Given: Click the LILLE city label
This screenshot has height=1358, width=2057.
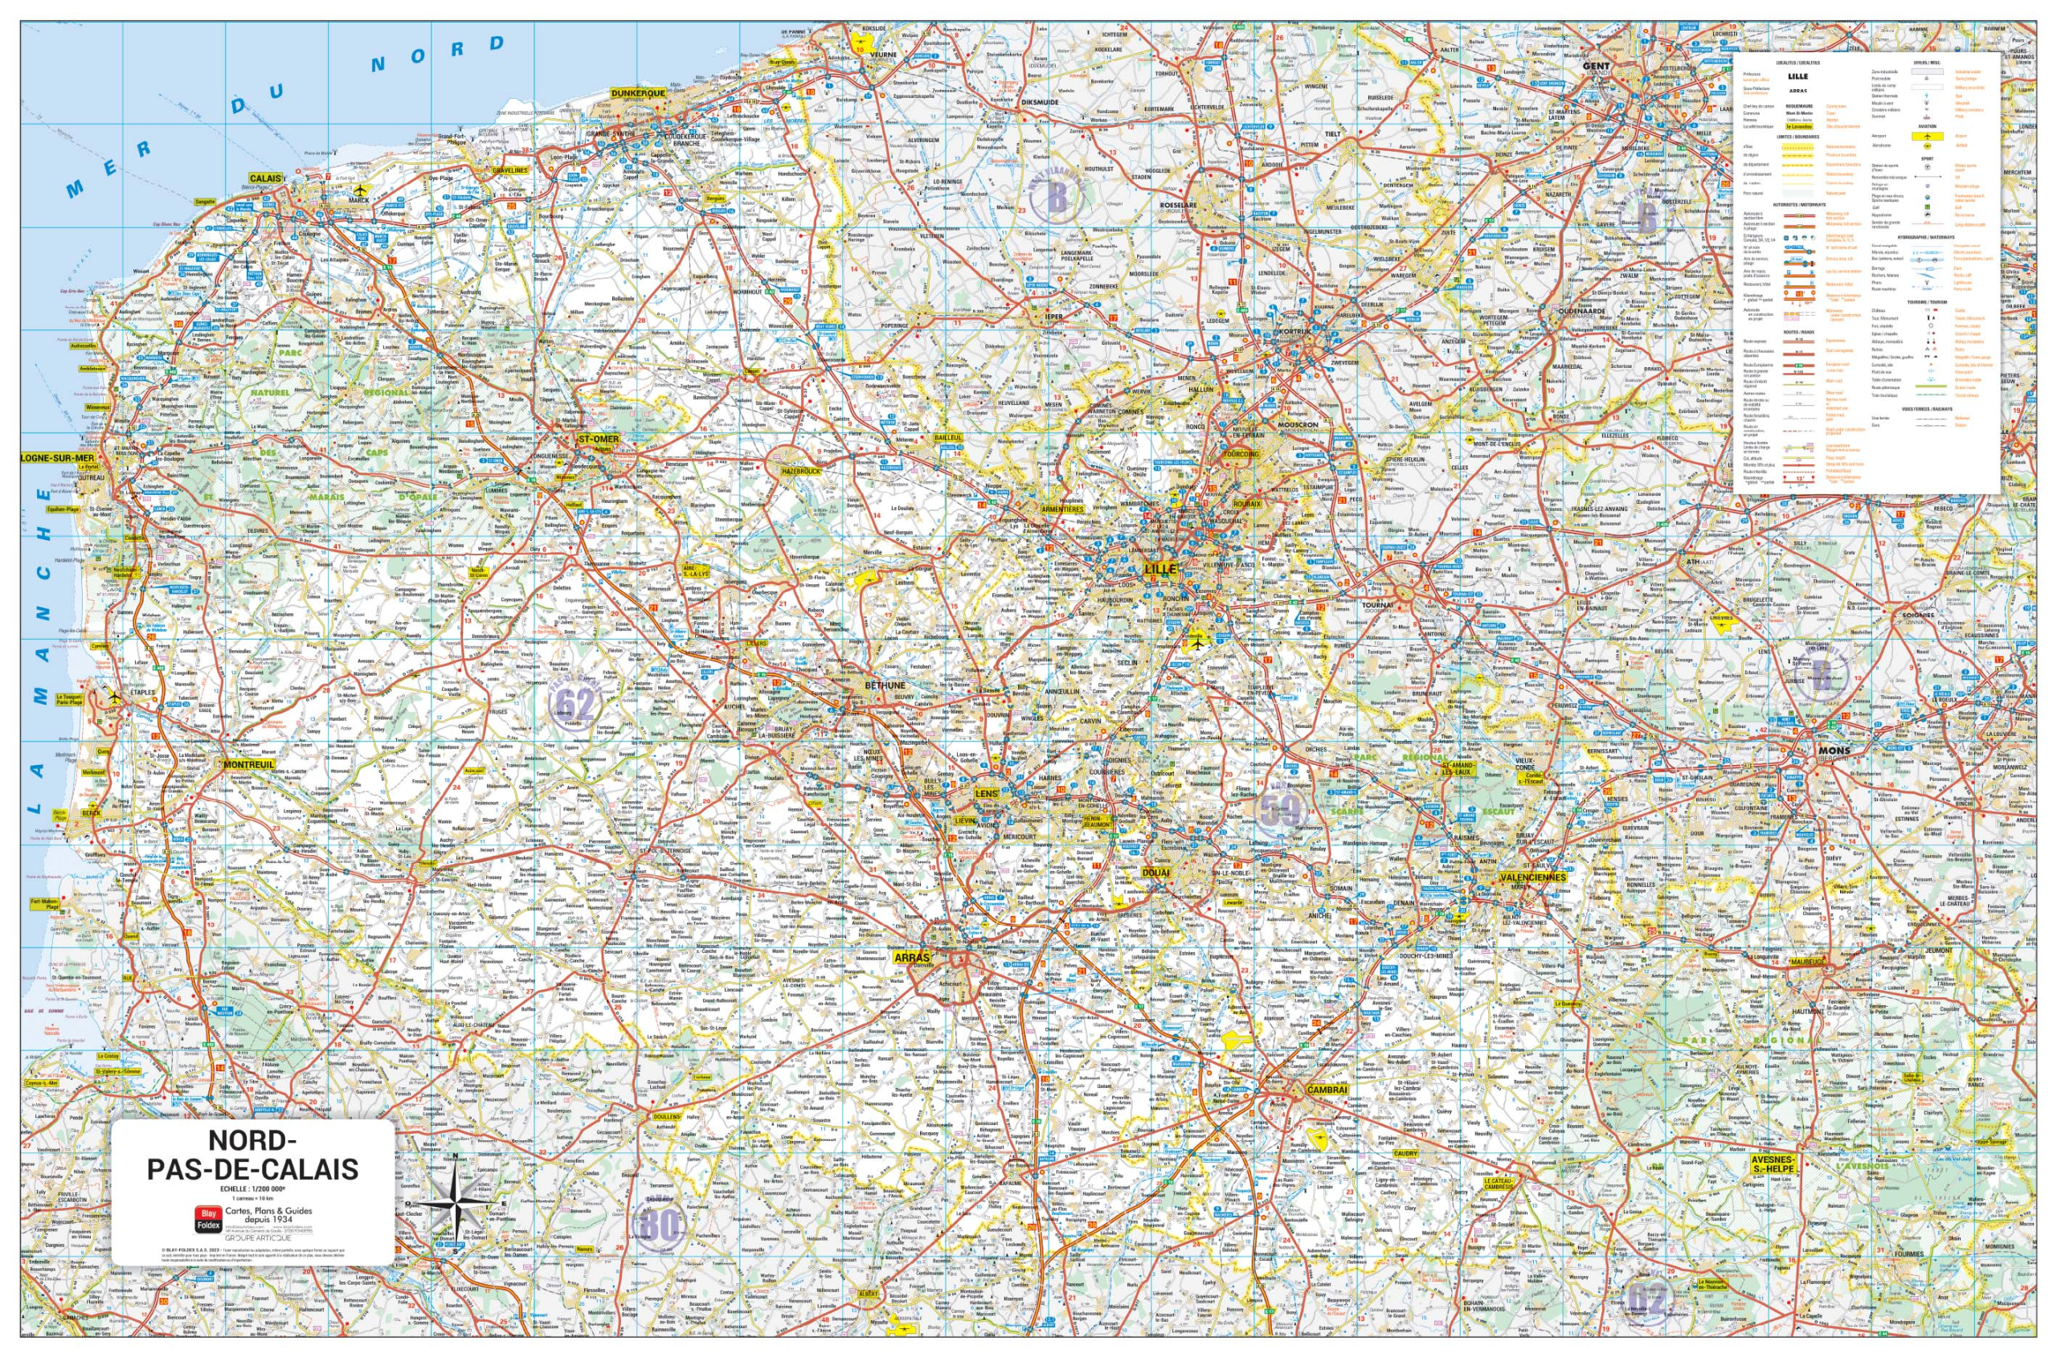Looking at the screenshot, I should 1159,569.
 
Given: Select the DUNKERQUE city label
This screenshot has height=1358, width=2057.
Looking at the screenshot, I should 637,92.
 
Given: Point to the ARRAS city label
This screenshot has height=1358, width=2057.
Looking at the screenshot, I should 911,958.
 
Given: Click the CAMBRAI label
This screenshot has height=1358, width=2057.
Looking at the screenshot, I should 1327,1090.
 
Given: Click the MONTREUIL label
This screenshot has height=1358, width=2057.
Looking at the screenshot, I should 248,765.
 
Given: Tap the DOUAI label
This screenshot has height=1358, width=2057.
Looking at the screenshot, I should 1155,873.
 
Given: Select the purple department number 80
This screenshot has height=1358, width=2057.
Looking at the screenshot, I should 658,1225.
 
